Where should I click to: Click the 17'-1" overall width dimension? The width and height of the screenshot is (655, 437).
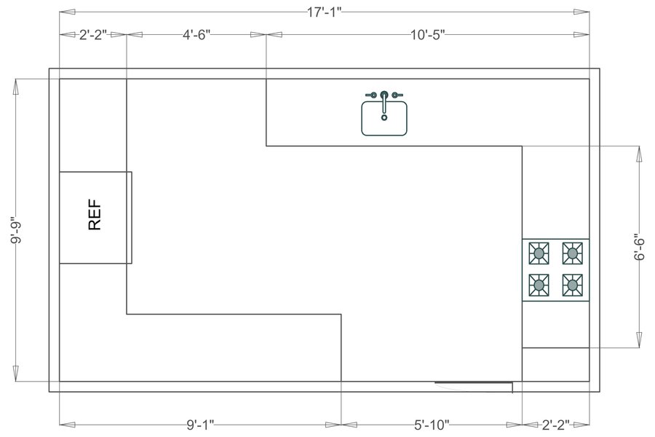tap(324, 12)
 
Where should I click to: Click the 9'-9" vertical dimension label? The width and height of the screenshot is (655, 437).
tap(16, 230)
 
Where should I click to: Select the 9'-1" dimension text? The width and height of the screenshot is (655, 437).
tap(200, 424)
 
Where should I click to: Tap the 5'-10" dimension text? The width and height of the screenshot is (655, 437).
tap(432, 424)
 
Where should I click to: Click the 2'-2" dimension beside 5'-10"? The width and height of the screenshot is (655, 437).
tap(555, 424)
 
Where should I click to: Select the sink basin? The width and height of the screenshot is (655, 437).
tap(384, 119)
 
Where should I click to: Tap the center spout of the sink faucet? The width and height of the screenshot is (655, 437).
tap(384, 95)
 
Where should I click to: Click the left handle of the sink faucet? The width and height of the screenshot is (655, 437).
tap(372, 95)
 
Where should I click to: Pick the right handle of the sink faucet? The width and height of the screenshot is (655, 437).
tap(397, 95)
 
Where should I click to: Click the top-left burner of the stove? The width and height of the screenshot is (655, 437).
tap(539, 253)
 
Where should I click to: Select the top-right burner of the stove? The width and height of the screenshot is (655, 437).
tap(573, 253)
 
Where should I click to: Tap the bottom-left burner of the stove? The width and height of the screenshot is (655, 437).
tap(539, 284)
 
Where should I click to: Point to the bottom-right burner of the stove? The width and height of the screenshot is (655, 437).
tap(573, 284)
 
